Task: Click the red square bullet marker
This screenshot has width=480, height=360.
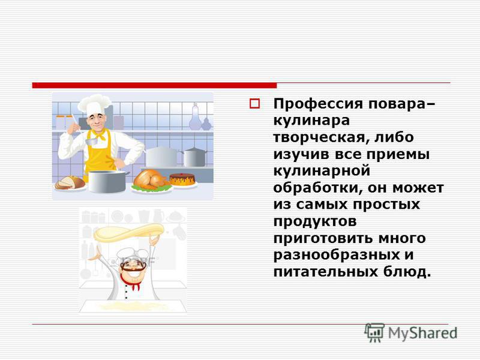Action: point(254,104)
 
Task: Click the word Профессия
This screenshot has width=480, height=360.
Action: point(318,104)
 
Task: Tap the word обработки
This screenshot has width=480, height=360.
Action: point(316,187)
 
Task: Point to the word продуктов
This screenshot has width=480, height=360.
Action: point(314,221)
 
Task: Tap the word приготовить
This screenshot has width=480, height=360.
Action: point(323,238)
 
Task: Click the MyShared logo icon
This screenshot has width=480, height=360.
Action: point(374,332)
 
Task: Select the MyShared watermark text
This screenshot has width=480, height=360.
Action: point(423,334)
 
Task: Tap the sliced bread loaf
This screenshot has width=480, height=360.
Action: point(70,183)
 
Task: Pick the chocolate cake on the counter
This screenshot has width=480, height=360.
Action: point(182,179)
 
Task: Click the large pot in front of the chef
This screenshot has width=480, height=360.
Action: point(107,182)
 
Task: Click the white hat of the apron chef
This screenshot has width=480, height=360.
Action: point(94,104)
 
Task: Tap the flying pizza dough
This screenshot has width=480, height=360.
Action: point(128,232)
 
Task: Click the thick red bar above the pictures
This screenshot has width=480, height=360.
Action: point(154,85)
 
